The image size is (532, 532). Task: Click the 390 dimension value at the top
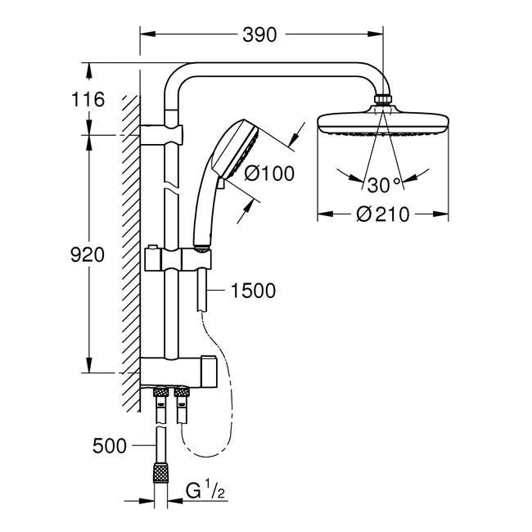tap(259, 34)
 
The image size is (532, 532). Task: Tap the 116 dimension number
tap(88, 99)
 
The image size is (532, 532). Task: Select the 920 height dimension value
tap(88, 255)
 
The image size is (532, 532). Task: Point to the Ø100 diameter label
tap(269, 174)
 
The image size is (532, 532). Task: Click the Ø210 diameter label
tap(383, 214)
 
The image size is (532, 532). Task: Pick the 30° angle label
tap(384, 185)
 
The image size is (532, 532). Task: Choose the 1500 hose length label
tap(253, 291)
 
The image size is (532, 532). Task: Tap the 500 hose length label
tap(110, 446)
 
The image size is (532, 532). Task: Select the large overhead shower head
tap(383, 123)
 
